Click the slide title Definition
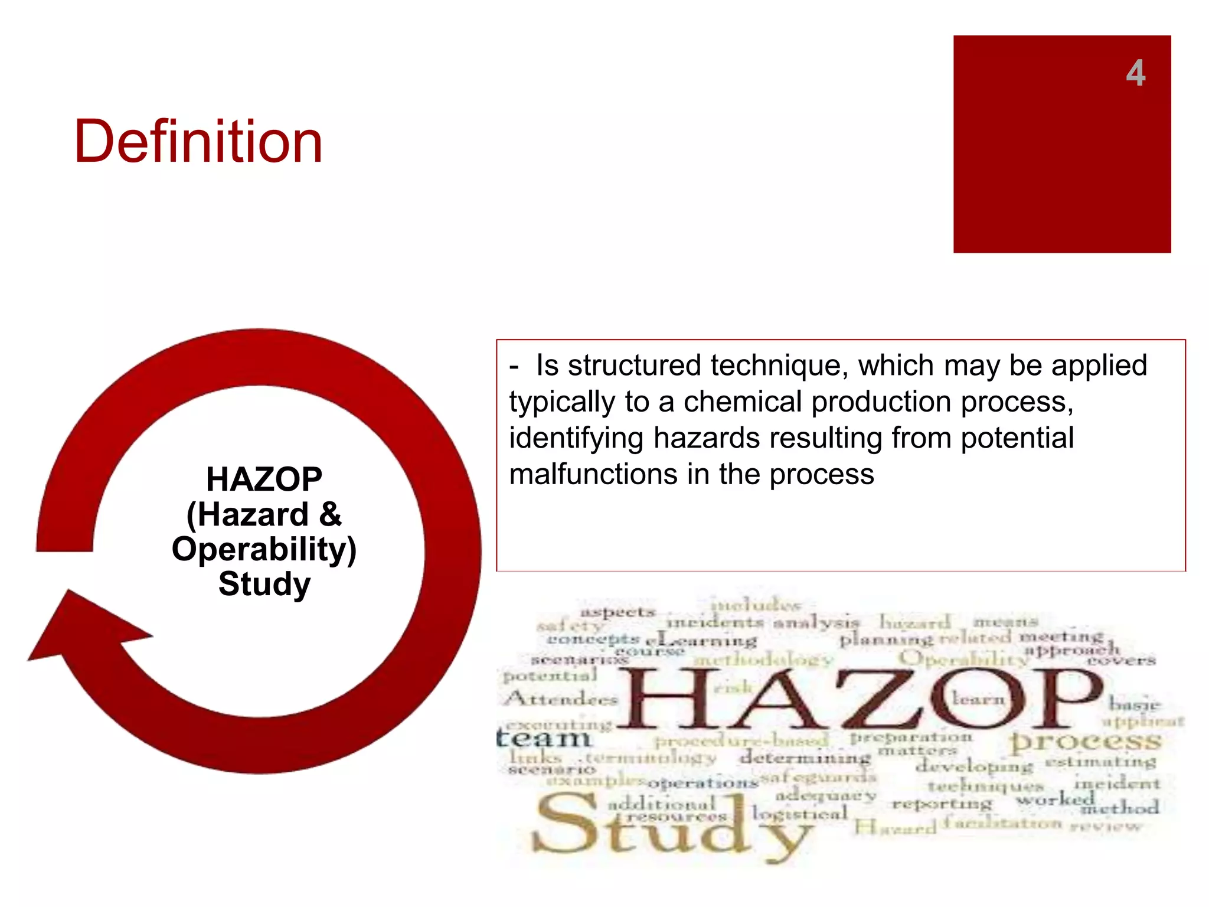click(x=198, y=142)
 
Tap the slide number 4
click(x=1135, y=73)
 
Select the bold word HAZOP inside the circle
click(x=264, y=479)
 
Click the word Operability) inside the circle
click(x=264, y=549)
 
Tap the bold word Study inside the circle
click(x=264, y=584)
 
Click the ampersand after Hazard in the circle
click(x=331, y=514)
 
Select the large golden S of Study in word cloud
click(x=567, y=824)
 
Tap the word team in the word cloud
click(x=544, y=738)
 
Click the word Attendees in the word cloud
click(x=561, y=699)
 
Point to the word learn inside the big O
click(x=978, y=699)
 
